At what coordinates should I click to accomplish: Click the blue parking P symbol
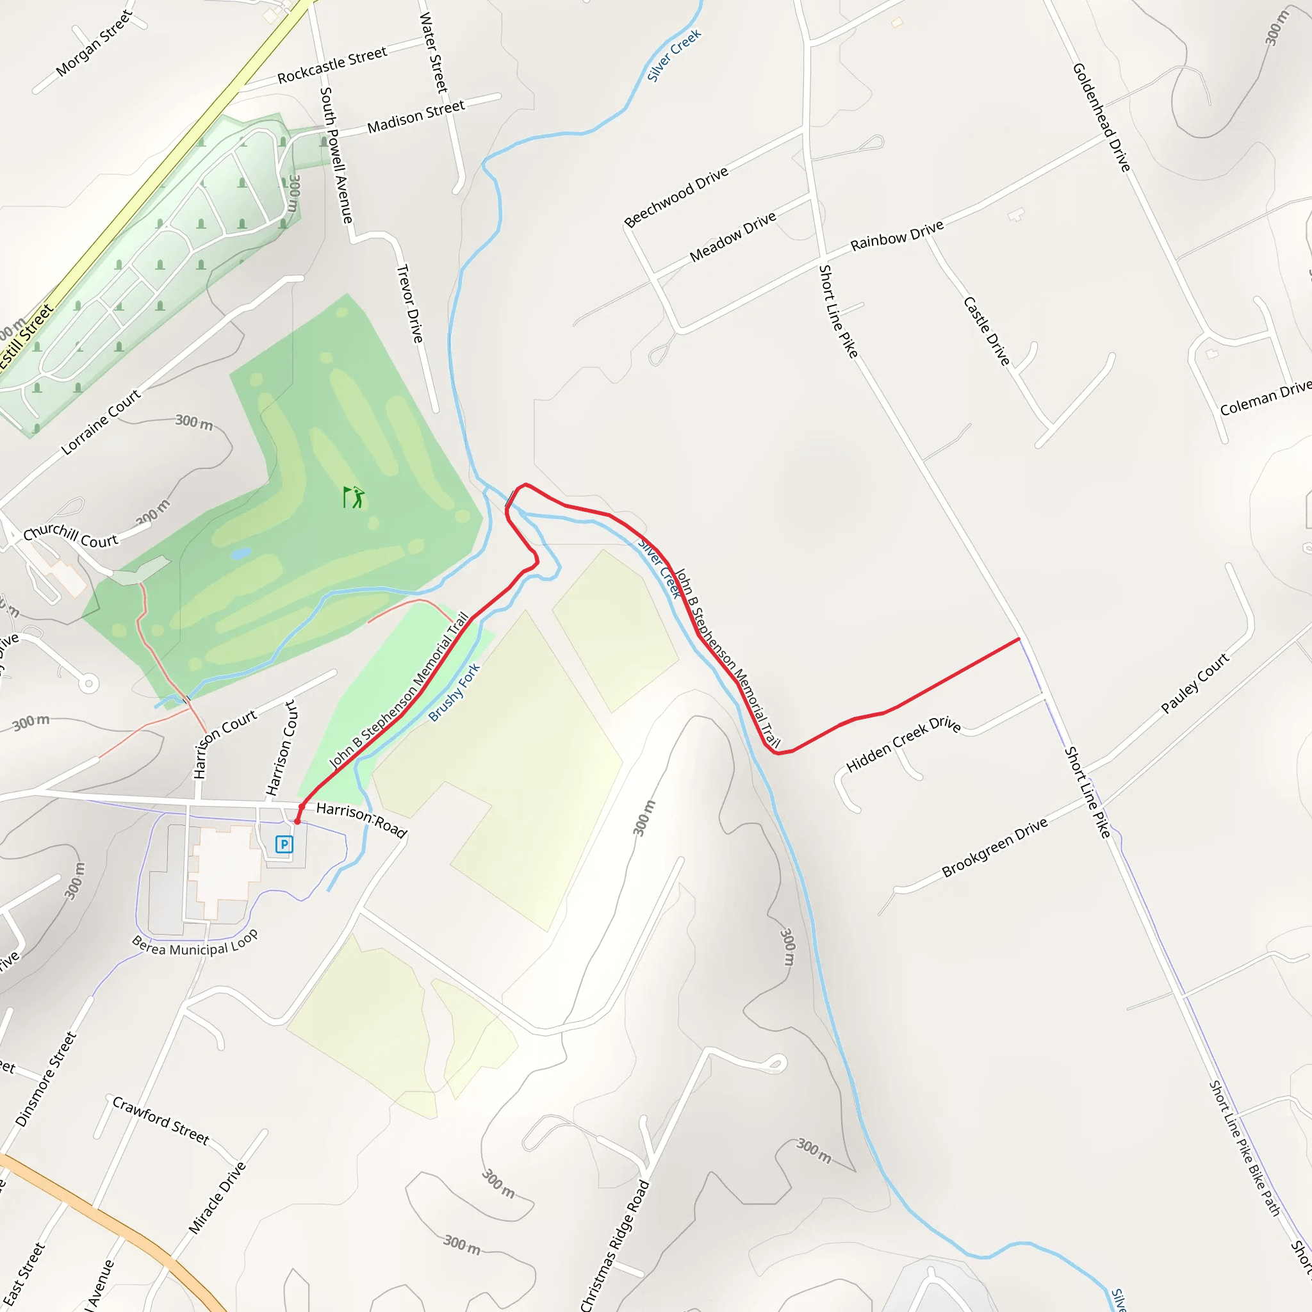point(284,844)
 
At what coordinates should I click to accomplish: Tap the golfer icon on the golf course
point(354,497)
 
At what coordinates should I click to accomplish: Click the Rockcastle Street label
point(332,65)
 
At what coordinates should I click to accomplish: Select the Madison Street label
point(416,117)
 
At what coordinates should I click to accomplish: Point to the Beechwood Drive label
point(676,196)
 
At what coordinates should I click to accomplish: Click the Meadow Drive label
point(733,237)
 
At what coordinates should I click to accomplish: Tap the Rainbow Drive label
point(896,235)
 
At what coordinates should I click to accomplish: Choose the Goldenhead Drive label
point(1101,117)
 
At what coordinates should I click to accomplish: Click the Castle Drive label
point(987,331)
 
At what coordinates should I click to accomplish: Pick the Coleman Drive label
point(1265,398)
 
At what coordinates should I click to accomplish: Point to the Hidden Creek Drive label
point(903,744)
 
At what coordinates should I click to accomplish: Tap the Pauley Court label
point(1195,683)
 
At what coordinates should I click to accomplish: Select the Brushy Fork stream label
point(454,692)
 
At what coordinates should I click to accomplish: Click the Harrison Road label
point(361,819)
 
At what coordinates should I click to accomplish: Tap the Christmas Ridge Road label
point(615,1245)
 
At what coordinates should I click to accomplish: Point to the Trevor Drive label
point(409,304)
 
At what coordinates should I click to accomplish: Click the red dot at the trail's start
point(297,821)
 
